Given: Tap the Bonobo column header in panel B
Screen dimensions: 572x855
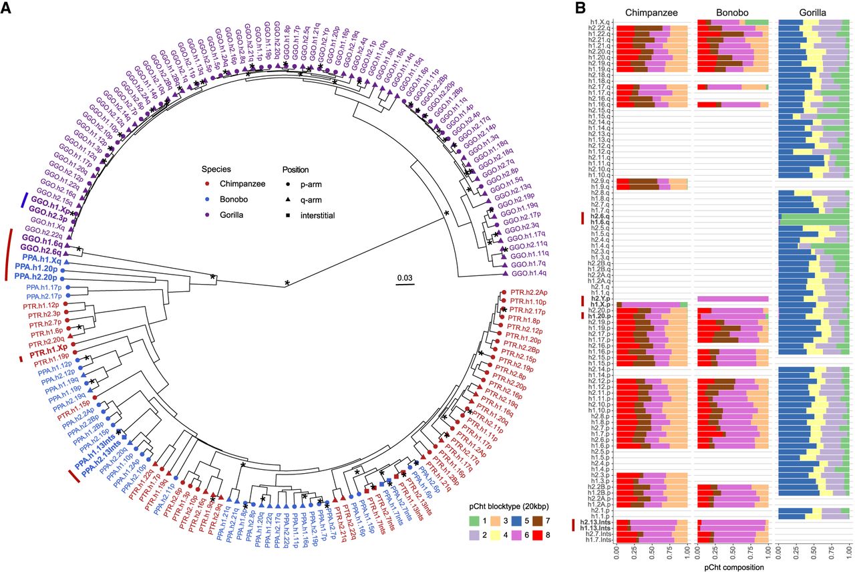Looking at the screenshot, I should (733, 12).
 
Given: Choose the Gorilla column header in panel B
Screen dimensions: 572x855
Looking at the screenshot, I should (814, 12).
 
